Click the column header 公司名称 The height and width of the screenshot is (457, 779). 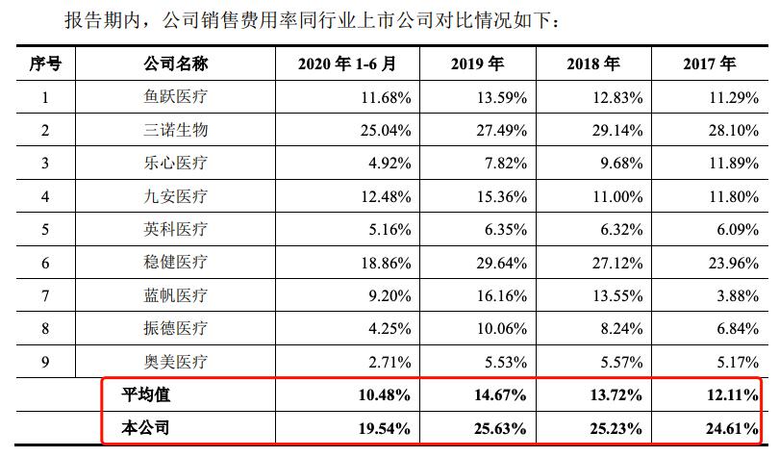(175, 64)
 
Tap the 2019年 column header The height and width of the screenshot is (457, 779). (477, 64)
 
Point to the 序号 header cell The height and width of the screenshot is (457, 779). (45, 64)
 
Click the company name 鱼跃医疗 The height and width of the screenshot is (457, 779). (175, 97)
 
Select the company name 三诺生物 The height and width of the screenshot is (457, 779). (175, 130)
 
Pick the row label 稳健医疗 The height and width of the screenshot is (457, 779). (175, 263)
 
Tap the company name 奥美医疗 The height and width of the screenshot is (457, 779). (175, 362)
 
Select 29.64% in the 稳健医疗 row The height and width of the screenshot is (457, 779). (501, 263)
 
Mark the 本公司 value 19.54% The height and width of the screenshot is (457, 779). (387, 428)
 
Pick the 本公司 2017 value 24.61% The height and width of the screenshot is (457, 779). (731, 428)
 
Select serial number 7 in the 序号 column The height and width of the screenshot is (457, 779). (45, 295)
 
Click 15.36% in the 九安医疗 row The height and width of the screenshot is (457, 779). (501, 196)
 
